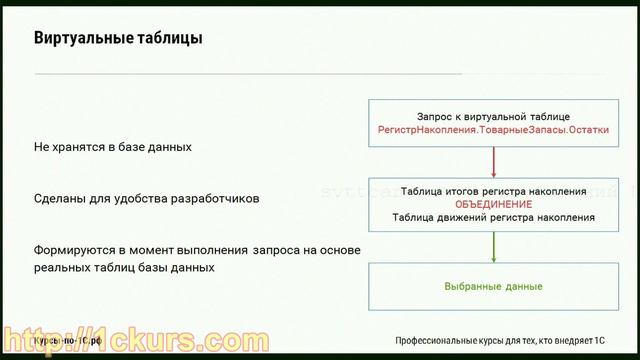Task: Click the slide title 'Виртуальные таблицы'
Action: [119, 40]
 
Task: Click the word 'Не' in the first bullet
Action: [41, 147]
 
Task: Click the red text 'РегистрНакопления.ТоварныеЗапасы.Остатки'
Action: [494, 131]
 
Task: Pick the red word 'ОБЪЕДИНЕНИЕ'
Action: [494, 203]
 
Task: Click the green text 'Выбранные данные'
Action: [494, 287]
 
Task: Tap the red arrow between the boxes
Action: [494, 162]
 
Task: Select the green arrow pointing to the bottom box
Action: [494, 246]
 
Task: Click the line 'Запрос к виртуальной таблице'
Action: [494, 117]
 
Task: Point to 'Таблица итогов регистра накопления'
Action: [494, 190]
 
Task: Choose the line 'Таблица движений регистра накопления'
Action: [494, 216]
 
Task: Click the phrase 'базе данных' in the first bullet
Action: [157, 147]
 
